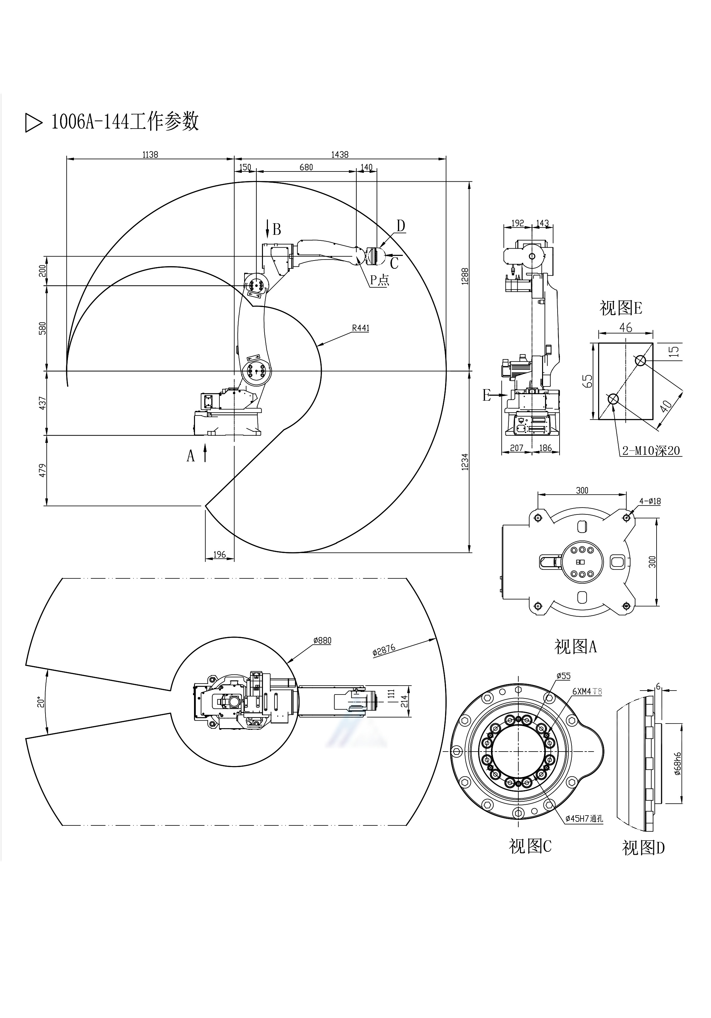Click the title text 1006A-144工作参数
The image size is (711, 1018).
[125, 121]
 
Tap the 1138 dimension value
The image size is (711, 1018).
[150, 154]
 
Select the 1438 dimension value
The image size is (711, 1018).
[340, 154]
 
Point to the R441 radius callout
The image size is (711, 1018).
[360, 328]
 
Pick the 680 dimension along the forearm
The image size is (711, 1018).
[306, 167]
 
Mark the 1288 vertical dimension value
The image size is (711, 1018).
[465, 276]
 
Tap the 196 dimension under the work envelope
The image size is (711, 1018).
[219, 554]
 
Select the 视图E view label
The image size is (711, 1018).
[621, 308]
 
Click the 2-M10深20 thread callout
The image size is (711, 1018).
[651, 450]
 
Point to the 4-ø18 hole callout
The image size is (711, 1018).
[650, 501]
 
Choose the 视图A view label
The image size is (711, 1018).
[575, 646]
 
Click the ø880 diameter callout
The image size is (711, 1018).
[322, 640]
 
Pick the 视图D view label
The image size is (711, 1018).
[643, 848]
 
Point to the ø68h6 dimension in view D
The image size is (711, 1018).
[677, 763]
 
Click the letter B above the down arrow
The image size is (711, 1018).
[277, 229]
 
